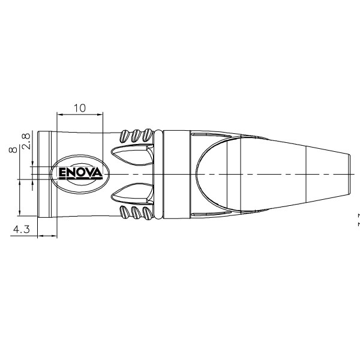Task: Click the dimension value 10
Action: pos(80,107)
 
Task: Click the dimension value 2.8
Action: pos(26,141)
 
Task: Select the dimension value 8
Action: pos(13,149)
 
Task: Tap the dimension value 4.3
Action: pos(22,229)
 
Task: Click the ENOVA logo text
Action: pos(80,173)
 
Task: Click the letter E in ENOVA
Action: pos(62,173)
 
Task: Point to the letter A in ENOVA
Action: pos(97,172)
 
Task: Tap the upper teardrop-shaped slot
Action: pos(132,154)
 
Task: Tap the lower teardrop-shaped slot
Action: pos(132,193)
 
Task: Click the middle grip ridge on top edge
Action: pos(136,136)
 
